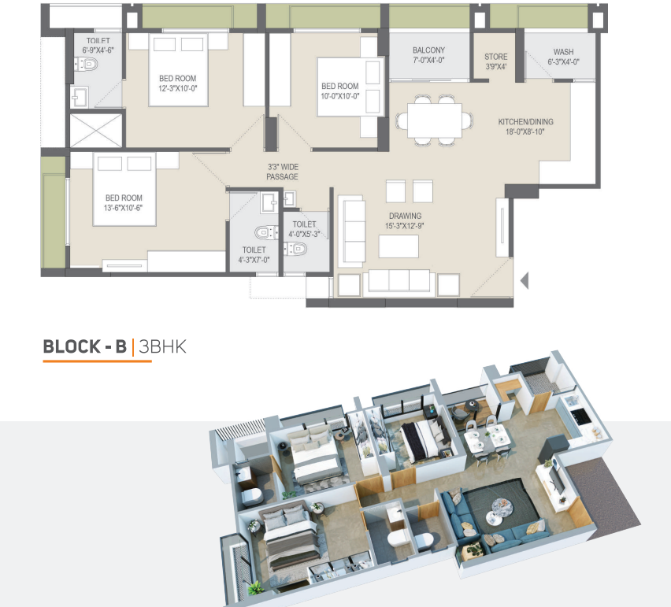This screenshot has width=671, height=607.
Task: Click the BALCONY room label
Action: pyautogui.click(x=428, y=50)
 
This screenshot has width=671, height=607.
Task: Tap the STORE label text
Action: pyautogui.click(x=496, y=57)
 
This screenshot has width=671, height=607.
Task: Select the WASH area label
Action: pyautogui.click(x=563, y=52)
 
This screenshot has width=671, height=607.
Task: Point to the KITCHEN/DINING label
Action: pyautogui.click(x=525, y=122)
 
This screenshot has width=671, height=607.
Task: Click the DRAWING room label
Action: pyautogui.click(x=405, y=216)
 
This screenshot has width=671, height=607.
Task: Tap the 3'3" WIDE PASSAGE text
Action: pyautogui.click(x=283, y=172)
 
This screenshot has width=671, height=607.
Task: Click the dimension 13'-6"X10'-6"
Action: pyautogui.click(x=123, y=209)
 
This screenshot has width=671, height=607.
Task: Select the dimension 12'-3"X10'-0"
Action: pyautogui.click(x=177, y=88)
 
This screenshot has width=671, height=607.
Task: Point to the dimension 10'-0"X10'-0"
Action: pyautogui.click(x=340, y=96)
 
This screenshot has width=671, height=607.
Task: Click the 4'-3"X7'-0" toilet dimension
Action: pyautogui.click(x=254, y=260)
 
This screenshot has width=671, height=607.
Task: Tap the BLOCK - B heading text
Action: pyautogui.click(x=85, y=346)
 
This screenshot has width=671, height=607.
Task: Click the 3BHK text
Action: pyautogui.click(x=162, y=346)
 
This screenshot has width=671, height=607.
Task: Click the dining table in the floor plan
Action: pyautogui.click(x=435, y=120)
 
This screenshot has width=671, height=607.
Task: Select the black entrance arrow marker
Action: pyautogui.click(x=525, y=281)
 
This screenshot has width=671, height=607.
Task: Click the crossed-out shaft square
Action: pyautogui.click(x=96, y=131)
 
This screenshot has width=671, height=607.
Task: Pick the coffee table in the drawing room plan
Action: pyautogui.click(x=399, y=246)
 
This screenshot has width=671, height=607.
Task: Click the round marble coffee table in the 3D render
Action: pyautogui.click(x=502, y=507)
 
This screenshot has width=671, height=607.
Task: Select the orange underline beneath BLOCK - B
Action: pyautogui.click(x=97, y=361)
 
